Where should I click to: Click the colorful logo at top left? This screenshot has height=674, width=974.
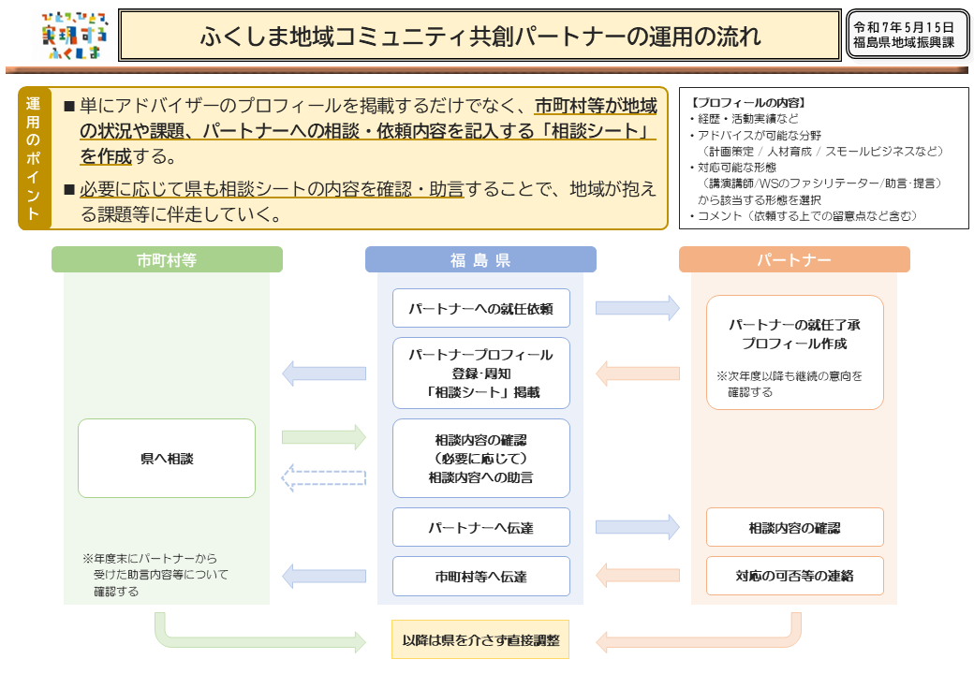point(75,37)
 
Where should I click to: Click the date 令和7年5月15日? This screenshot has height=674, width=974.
point(903,27)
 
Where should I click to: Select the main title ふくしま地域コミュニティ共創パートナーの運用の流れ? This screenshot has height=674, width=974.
point(480,37)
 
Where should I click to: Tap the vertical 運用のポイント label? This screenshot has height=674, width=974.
point(34,158)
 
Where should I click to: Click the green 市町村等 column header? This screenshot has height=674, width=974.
point(167,259)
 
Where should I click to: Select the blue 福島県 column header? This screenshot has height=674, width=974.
point(480,259)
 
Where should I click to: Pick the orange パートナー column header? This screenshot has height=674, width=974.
point(794,259)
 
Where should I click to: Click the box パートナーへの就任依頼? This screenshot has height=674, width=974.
point(480,308)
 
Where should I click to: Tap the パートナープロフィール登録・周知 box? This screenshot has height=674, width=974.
point(480,374)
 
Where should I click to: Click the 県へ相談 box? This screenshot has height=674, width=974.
point(167,459)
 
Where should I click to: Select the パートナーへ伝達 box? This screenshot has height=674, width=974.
point(480,527)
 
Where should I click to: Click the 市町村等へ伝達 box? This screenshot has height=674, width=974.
point(480,577)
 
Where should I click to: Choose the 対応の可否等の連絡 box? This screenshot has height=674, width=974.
point(794,576)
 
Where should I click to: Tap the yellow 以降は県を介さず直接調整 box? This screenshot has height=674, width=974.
point(480,640)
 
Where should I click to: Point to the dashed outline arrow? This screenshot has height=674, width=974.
point(323,478)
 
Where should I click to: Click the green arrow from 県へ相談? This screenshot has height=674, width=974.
point(323,437)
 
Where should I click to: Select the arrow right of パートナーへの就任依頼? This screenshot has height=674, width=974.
point(638,307)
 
